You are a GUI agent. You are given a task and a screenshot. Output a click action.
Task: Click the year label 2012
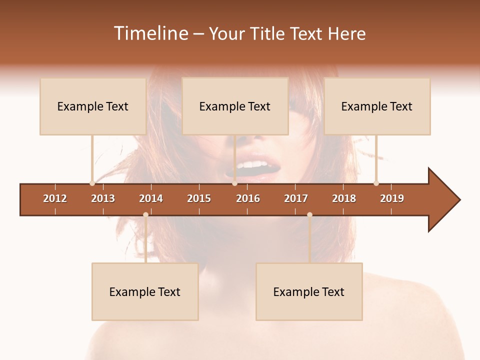[55, 198]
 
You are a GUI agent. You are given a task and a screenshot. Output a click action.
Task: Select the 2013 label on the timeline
[103, 198]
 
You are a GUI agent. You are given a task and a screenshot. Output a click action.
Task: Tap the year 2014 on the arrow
[151, 198]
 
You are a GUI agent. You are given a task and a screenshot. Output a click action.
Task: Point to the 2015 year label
[199, 198]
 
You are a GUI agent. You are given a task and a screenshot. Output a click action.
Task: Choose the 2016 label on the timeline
[248, 198]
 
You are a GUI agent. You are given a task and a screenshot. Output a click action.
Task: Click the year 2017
[296, 198]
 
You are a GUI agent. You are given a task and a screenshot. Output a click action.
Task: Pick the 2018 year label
[344, 198]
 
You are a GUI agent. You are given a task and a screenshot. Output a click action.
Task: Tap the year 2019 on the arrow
[392, 198]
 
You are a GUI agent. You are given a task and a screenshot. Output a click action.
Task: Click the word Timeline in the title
[150, 33]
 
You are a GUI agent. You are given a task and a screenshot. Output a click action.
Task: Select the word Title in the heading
[270, 33]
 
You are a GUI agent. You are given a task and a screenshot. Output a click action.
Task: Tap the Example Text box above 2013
[93, 106]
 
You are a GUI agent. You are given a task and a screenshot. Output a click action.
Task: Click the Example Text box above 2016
[235, 106]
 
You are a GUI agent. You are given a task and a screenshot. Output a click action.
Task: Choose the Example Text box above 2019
[377, 106]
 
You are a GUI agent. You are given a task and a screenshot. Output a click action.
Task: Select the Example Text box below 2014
[145, 291]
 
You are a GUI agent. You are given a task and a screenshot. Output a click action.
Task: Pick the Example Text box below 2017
[309, 291]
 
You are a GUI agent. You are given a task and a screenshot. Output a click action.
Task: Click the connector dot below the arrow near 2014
[145, 214]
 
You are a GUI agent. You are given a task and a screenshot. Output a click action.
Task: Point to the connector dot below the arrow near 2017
[309, 214]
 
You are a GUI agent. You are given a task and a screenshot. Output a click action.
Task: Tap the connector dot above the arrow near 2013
[92, 183]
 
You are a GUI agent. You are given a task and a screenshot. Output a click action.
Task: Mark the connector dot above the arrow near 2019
[376, 183]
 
